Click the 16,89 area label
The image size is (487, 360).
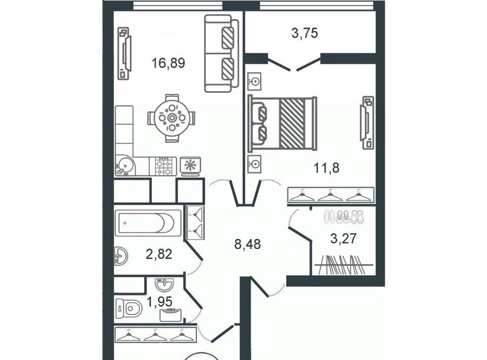pos(168,63)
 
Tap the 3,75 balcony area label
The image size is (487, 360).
pos(305,32)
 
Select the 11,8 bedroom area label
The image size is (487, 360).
pos(326,168)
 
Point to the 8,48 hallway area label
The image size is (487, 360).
pos(248,244)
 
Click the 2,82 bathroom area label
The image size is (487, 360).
pos(159,254)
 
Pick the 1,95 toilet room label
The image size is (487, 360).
pos(160,301)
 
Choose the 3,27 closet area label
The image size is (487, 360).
pos(343,239)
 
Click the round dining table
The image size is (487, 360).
pos(172,118)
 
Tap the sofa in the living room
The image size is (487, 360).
pos(222,53)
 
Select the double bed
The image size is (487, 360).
pos(283,124)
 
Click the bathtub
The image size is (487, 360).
pos(148,223)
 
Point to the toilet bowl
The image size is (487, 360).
pos(128,308)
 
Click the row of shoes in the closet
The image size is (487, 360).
pos(343,217)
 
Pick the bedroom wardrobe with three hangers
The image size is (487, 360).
pos(331,196)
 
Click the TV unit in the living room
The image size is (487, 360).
pos(124,53)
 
